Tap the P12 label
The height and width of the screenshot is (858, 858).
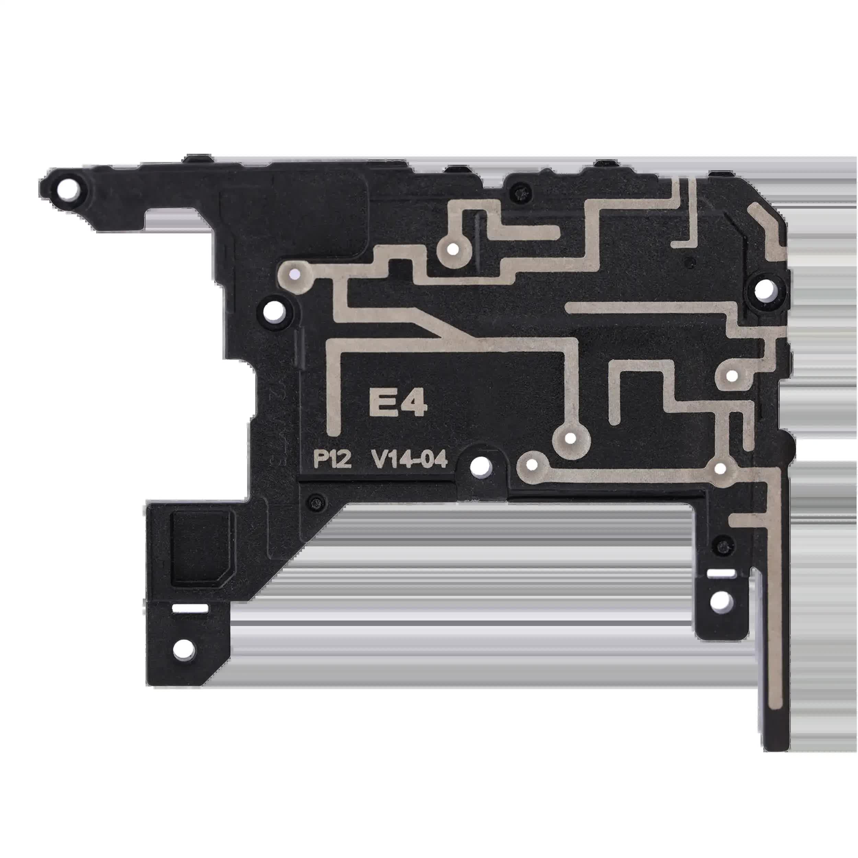(332, 460)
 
